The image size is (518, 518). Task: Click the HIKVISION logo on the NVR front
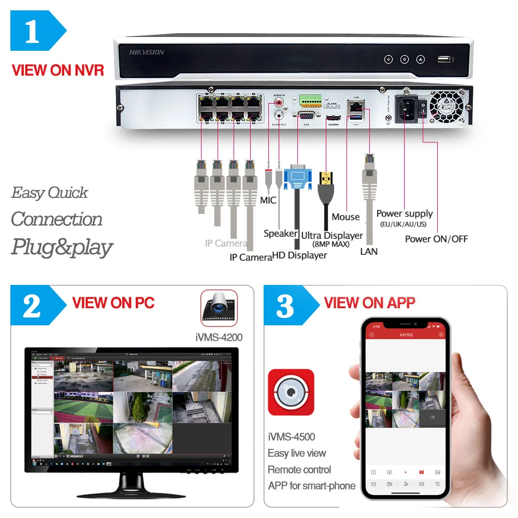click(147, 52)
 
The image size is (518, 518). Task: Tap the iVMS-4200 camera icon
click(219, 308)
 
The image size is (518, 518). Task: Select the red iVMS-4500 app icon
click(291, 392)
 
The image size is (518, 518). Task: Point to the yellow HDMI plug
click(325, 180)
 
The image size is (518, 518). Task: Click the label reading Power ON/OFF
click(436, 239)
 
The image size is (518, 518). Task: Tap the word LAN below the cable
click(369, 252)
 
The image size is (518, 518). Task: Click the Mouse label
click(346, 217)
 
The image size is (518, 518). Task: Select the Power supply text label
click(405, 213)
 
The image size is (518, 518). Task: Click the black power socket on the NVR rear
click(406, 108)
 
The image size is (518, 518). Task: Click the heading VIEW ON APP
click(369, 303)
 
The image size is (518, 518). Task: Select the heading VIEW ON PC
click(113, 303)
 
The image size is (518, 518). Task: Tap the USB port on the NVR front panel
click(444, 59)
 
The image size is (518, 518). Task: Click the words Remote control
click(299, 470)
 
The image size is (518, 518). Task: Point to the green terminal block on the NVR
click(309, 98)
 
